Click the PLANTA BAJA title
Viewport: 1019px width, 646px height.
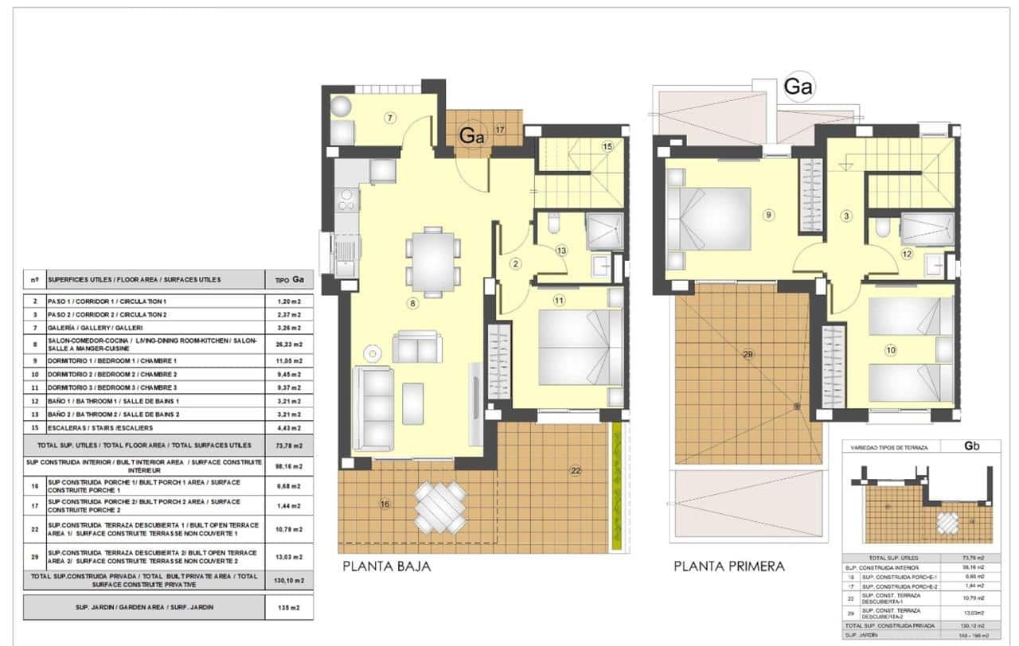387,567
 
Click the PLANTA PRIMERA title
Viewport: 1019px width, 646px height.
728,567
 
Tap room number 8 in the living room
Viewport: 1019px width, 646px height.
412,303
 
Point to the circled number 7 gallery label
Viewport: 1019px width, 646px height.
389,118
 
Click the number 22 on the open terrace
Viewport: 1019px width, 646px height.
576,471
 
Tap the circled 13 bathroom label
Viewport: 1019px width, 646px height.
561,251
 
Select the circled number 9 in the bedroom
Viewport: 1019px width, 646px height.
767,214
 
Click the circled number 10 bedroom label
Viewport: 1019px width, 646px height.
890,348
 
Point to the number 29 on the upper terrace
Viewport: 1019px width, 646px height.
748,354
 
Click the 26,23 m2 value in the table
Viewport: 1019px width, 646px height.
289,344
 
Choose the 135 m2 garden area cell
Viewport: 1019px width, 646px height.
289,607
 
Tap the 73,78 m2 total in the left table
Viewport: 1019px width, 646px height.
289,445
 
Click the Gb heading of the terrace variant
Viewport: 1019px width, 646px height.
970,446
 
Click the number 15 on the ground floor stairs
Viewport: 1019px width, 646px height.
607,146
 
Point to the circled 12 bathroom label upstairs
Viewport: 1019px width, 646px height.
906,254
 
